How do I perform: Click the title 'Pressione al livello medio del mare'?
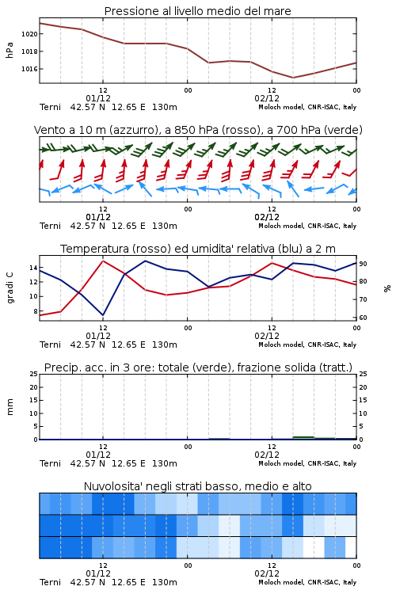point(197,11)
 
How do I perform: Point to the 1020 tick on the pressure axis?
point(29,34)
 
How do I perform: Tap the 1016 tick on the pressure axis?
point(29,69)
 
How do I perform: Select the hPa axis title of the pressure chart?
point(10,51)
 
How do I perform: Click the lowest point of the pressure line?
point(292,78)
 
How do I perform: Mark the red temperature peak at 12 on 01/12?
point(103,261)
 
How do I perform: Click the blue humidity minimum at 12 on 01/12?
point(103,315)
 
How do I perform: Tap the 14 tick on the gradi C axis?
point(33,268)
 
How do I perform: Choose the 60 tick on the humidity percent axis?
point(363,318)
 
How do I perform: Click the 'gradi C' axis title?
point(10,287)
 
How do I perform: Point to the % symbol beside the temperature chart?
point(387,288)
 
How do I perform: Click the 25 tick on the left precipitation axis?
point(34,374)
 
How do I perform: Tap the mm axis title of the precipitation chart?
point(10,407)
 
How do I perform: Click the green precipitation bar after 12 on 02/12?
point(303,437)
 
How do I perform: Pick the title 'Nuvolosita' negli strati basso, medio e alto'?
point(197,486)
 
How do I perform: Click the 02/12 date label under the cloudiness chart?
point(267,573)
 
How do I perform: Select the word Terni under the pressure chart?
point(50,107)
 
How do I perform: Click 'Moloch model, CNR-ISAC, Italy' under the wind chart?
point(307,226)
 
